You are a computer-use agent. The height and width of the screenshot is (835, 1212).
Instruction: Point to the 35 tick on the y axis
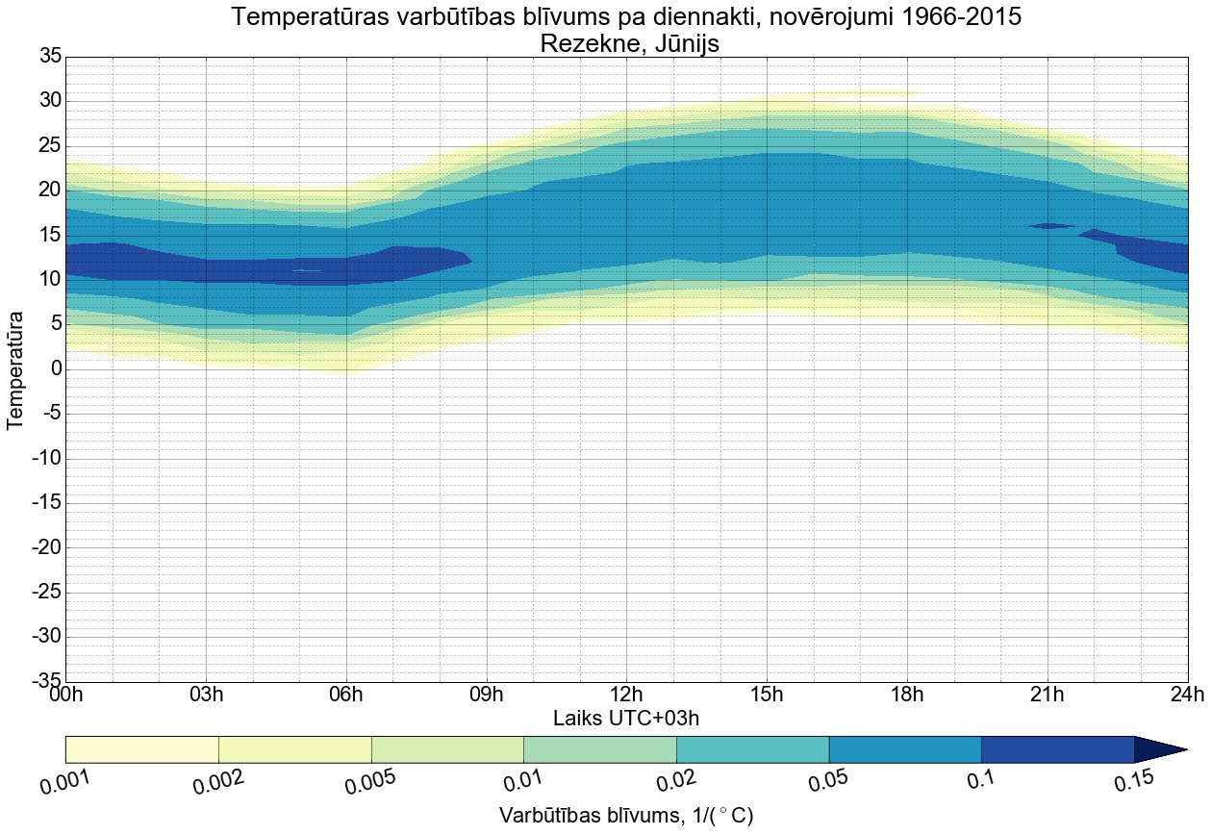[x=50, y=57]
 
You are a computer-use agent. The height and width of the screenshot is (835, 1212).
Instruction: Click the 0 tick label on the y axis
[x=57, y=369]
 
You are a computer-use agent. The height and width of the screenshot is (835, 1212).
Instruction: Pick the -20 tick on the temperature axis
[x=46, y=547]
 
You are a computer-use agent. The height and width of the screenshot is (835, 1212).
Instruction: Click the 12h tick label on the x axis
[x=626, y=695]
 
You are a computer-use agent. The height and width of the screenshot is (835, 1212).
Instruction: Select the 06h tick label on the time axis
[x=346, y=695]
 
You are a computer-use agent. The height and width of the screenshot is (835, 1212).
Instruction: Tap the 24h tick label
[x=1187, y=695]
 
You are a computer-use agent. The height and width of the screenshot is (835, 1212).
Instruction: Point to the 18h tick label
[x=907, y=695]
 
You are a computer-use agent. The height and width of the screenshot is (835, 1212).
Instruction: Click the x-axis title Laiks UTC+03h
[x=626, y=719]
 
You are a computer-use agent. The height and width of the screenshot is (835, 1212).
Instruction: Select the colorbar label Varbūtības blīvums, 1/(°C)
[x=626, y=816]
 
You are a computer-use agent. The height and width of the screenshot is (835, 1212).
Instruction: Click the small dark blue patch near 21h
[x=1050, y=226]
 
